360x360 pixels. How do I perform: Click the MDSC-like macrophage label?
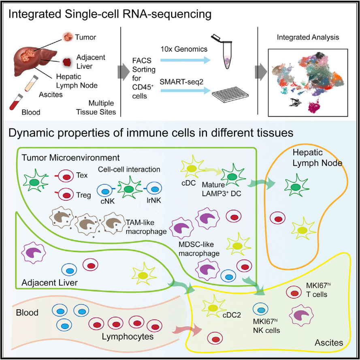[198, 249]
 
